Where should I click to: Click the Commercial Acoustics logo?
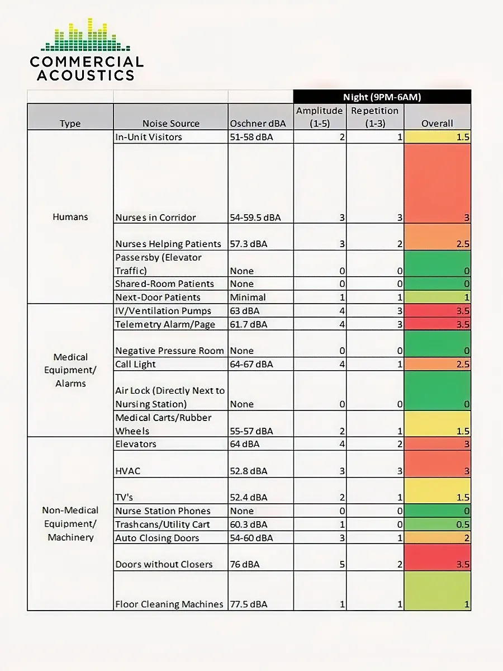[87, 50]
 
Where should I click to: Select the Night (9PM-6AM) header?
[382, 97]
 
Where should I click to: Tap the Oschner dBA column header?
[258, 123]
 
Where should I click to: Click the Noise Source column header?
[170, 123]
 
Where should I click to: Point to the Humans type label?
[70, 217]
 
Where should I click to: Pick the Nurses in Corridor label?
[155, 218]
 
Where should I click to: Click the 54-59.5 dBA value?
[255, 218]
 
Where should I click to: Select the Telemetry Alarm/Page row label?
[165, 324]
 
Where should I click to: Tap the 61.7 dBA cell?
[248, 324]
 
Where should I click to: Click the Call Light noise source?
[135, 364]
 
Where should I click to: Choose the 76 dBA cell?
[244, 564]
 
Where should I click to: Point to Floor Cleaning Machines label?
[169, 604]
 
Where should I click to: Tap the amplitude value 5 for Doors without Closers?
[342, 564]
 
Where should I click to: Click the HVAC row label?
[127, 471]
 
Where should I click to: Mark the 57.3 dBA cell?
[248, 244]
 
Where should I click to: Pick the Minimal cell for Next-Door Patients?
[248, 297]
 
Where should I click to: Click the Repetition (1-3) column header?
[374, 117]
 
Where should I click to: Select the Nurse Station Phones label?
[163, 511]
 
